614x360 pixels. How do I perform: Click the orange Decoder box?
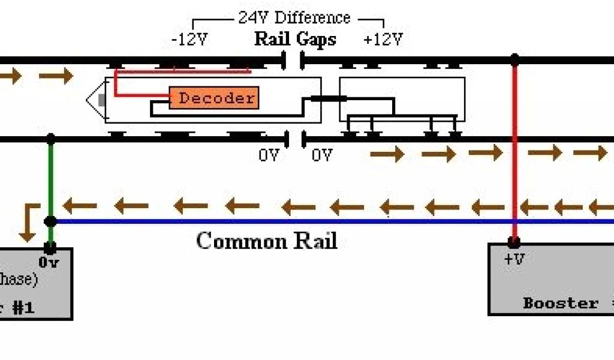(214, 98)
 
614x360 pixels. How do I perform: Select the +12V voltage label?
(383, 40)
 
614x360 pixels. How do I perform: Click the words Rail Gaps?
(295, 40)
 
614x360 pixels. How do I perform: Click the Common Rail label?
(266, 241)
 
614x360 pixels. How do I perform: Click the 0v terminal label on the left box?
(49, 262)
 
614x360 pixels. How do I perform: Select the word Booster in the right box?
(561, 303)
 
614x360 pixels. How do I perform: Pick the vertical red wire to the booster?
(514, 150)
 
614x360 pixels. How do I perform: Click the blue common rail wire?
(300, 221)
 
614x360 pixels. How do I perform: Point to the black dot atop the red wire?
(514, 59)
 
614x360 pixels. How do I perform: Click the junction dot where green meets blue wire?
(51, 221)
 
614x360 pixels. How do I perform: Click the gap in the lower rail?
(294, 139)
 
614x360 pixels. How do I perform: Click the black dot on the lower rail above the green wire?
(51, 139)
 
